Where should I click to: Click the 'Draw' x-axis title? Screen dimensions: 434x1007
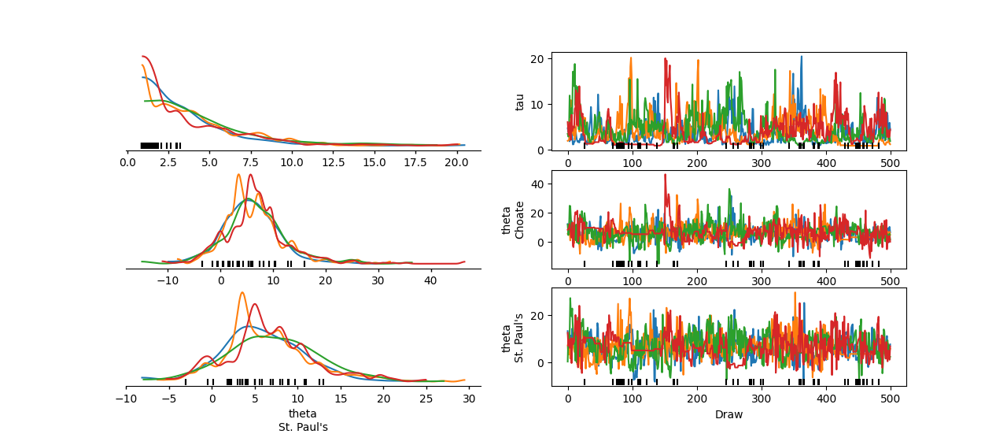coord(729,414)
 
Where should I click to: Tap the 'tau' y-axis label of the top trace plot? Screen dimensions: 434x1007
coord(519,101)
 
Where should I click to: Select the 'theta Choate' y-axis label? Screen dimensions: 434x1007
coord(513,220)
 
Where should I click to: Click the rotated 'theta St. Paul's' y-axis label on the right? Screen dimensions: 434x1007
coord(513,337)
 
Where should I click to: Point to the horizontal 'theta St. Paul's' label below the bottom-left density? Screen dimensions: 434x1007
coord(303,421)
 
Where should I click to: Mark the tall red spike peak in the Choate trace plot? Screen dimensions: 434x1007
coord(665,175)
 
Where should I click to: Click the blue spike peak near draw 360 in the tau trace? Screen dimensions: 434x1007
coord(802,57)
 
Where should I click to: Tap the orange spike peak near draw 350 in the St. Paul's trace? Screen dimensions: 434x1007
coord(795,293)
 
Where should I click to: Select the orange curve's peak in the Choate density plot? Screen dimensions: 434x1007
coord(238,175)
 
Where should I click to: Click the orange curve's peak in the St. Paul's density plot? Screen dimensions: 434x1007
coord(242,293)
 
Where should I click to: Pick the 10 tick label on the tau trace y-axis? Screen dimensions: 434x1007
coord(540,105)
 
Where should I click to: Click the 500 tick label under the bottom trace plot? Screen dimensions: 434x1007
coord(890,399)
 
